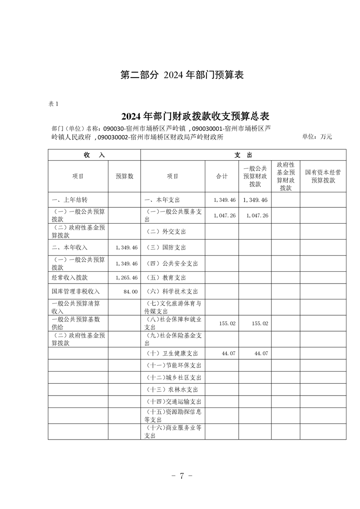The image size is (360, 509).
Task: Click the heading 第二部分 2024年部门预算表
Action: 182,75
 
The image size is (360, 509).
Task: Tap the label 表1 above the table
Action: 54,104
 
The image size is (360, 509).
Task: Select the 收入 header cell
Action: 94,155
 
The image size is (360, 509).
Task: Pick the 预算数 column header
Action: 124,176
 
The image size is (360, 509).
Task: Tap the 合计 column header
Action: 222,176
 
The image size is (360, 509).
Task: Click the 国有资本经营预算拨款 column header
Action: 323,176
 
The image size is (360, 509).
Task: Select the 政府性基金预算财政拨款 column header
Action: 286,176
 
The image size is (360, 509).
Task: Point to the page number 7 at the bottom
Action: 181,476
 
